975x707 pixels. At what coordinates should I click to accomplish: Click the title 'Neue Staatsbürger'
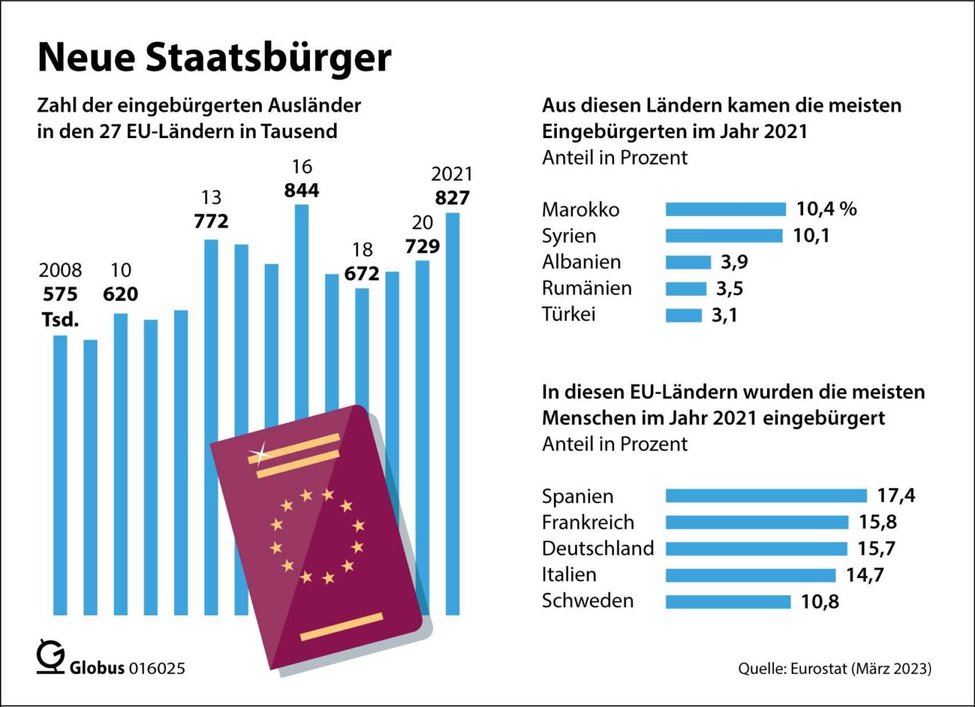214,57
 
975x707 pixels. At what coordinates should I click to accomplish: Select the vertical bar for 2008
60,474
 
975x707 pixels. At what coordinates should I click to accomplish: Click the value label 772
211,222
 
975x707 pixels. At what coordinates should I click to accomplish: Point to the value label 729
422,246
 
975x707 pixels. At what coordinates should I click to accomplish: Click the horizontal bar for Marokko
725,209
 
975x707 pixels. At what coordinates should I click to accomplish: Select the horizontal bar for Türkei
683,315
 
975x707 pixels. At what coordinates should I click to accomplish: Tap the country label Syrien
569,236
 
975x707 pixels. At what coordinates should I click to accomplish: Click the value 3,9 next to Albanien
734,262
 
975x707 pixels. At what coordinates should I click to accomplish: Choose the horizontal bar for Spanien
766,495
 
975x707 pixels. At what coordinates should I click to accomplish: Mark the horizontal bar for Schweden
728,602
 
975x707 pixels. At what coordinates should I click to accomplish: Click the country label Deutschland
598,548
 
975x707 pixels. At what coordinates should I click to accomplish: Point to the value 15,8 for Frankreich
877,522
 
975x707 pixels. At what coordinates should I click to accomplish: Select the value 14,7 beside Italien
865,575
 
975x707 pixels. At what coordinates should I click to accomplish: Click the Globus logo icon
51,657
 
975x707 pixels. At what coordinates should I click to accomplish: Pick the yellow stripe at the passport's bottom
342,627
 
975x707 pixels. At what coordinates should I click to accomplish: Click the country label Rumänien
587,288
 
